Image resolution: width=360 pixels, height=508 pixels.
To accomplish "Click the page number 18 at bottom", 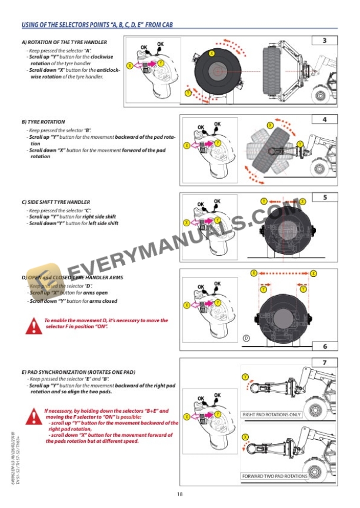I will [x=179, y=494].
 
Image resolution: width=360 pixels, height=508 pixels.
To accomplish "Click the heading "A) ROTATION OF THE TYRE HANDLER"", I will [x=64, y=43].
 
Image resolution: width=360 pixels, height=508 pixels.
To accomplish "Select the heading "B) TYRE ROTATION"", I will [x=44, y=122].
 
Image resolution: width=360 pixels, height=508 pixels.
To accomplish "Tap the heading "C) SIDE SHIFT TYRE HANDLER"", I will [x=56, y=202].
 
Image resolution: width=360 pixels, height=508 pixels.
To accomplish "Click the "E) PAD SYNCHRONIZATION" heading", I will [x=79, y=372].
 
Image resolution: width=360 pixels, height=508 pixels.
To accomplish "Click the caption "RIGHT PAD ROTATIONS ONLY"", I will [x=272, y=415].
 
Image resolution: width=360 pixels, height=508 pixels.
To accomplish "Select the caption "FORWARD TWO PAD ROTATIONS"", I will [x=274, y=476].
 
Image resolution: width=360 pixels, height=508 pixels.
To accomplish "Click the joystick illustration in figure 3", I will [x=152, y=71].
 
